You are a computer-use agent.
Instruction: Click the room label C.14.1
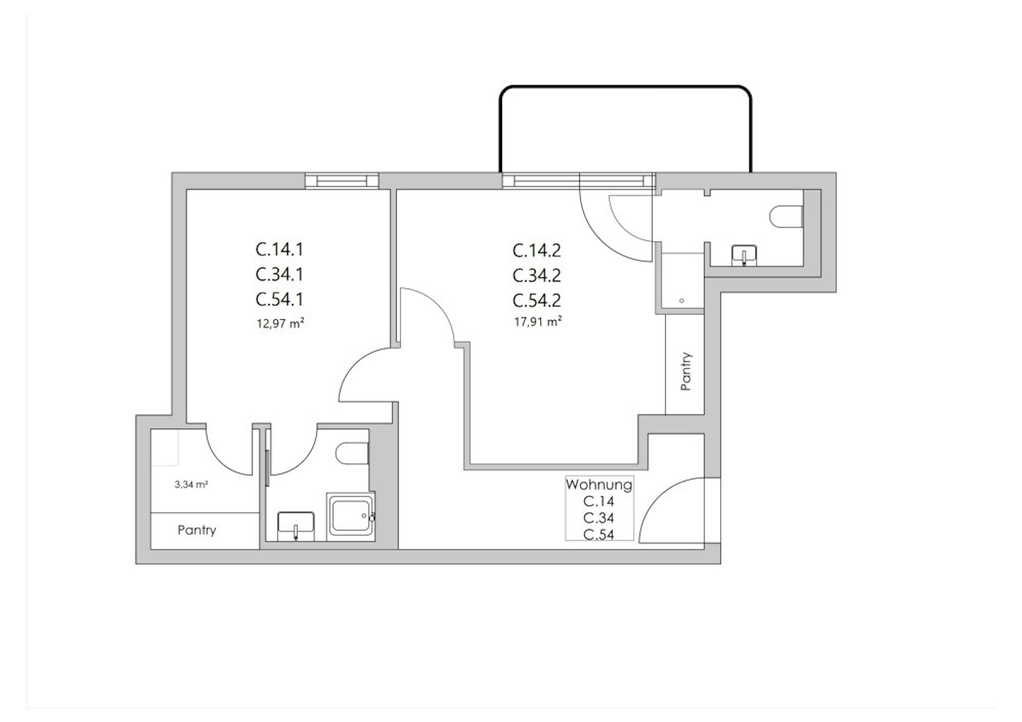pyautogui.click(x=279, y=249)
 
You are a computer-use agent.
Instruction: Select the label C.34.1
pyautogui.click(x=279, y=274)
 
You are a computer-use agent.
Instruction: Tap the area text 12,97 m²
pyautogui.click(x=280, y=323)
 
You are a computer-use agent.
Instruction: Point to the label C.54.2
pyautogui.click(x=537, y=300)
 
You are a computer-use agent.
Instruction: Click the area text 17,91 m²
pyautogui.click(x=538, y=322)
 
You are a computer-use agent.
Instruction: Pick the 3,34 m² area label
pyautogui.click(x=191, y=484)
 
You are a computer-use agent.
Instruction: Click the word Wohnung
pyautogui.click(x=599, y=484)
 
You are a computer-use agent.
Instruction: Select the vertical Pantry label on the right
pyautogui.click(x=686, y=371)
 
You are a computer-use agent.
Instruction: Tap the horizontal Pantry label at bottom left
pyautogui.click(x=197, y=530)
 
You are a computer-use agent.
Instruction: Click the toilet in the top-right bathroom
pyautogui.click(x=786, y=217)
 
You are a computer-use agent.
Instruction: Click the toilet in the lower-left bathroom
pyautogui.click(x=352, y=454)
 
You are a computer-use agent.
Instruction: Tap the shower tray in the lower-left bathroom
pyautogui.click(x=350, y=516)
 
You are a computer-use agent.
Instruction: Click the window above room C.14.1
pyautogui.click(x=342, y=181)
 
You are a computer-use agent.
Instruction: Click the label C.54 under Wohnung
pyautogui.click(x=599, y=535)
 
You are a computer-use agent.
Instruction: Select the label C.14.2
pyautogui.click(x=537, y=250)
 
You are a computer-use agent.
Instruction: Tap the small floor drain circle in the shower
pyautogui.click(x=682, y=301)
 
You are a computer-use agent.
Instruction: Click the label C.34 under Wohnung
pyautogui.click(x=599, y=518)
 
